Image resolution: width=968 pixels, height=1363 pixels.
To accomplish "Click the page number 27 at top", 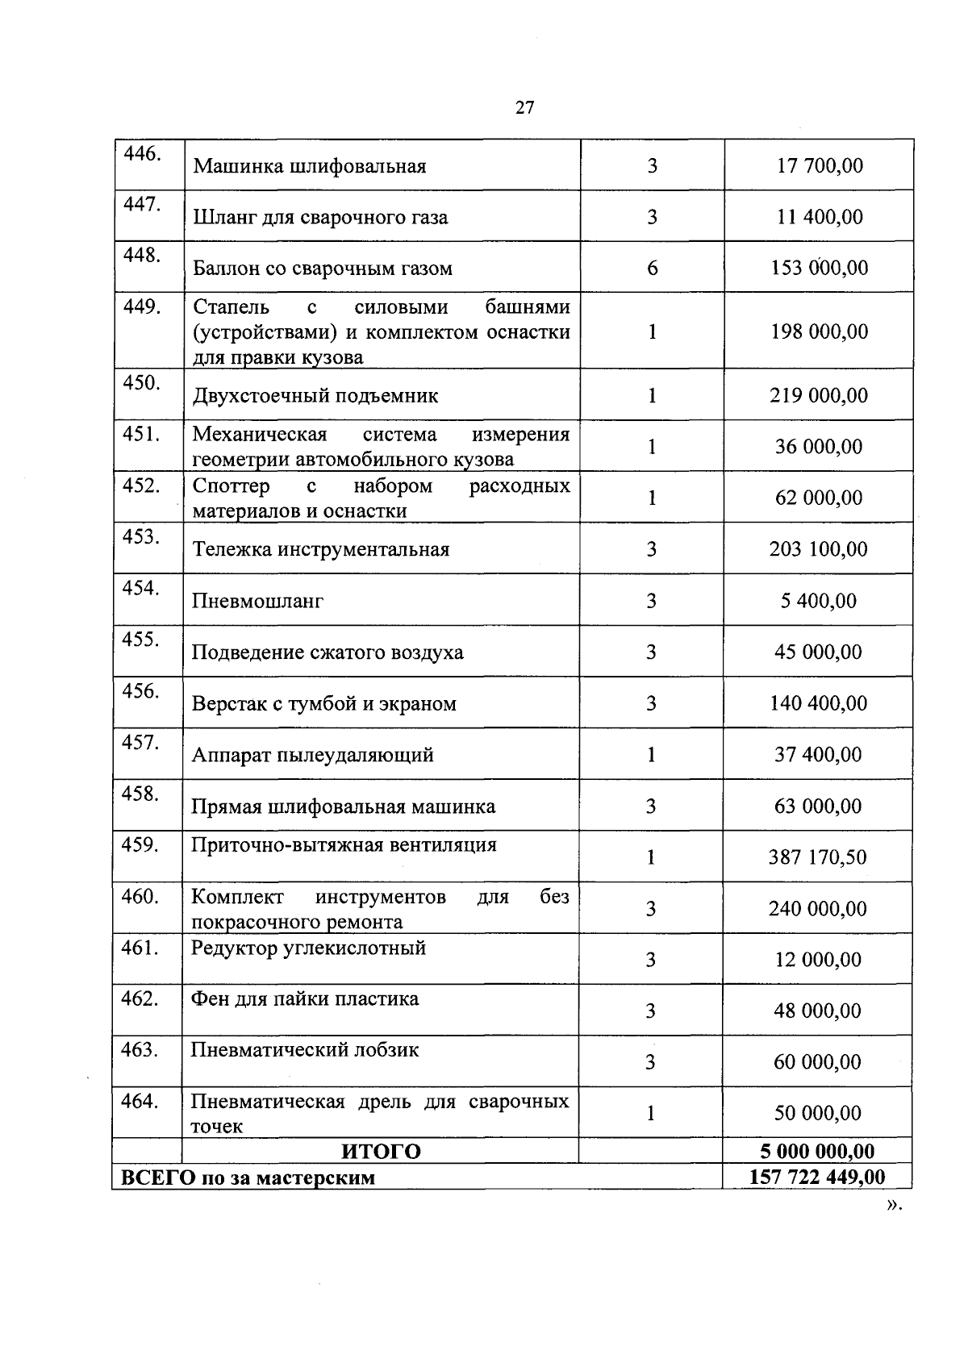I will point(524,108).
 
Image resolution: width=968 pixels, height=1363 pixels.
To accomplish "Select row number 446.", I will point(141,154).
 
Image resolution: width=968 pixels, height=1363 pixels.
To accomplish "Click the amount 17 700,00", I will point(820,166).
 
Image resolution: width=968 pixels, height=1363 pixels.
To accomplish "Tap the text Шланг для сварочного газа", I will point(320,218).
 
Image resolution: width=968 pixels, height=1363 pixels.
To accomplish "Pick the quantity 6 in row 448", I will point(652,269).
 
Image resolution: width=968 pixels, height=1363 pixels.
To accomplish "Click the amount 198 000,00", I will point(820,332).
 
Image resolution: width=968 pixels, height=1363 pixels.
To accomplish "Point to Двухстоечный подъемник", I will point(315,396).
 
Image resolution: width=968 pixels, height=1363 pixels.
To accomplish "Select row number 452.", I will point(141,486).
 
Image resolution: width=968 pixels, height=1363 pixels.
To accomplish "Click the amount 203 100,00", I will point(819,549).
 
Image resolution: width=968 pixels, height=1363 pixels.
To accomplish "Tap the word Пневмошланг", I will point(257,601).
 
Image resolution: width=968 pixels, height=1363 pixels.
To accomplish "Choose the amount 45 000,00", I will point(818,652).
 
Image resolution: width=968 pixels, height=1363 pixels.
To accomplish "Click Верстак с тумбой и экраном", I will point(323,704).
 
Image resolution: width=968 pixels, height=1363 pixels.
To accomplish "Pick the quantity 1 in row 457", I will point(651,755).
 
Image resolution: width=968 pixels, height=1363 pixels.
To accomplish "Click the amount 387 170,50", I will point(817,857).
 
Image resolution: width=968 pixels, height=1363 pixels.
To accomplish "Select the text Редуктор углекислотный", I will point(308,948).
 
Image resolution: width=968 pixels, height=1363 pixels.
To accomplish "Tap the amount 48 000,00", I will point(817,1011).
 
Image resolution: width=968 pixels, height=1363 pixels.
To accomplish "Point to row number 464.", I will point(140,1101).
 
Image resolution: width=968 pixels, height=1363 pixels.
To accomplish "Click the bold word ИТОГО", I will point(382,1151).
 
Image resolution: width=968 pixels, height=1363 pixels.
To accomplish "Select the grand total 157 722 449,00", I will point(817,1177).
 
